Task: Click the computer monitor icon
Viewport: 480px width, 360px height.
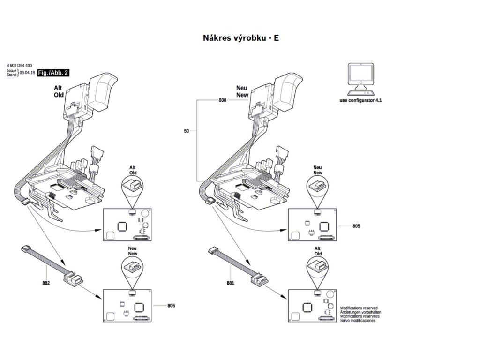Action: coord(361,77)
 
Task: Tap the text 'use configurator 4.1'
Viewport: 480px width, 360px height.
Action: coord(361,100)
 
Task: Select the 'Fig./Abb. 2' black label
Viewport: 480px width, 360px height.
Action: coord(54,73)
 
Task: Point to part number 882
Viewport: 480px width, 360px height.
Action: coord(46,283)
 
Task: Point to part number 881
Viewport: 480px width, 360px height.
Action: coord(230,283)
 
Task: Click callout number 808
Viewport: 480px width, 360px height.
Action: coord(223,100)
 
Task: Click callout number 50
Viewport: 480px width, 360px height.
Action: coord(187,132)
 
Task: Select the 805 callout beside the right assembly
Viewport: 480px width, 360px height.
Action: coord(356,226)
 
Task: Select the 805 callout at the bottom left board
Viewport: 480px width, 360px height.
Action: coord(172,306)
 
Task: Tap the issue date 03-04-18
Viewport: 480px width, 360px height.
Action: coord(27,73)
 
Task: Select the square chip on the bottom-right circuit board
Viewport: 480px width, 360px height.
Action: coord(307,307)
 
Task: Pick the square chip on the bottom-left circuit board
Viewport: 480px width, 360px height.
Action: coord(139,307)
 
